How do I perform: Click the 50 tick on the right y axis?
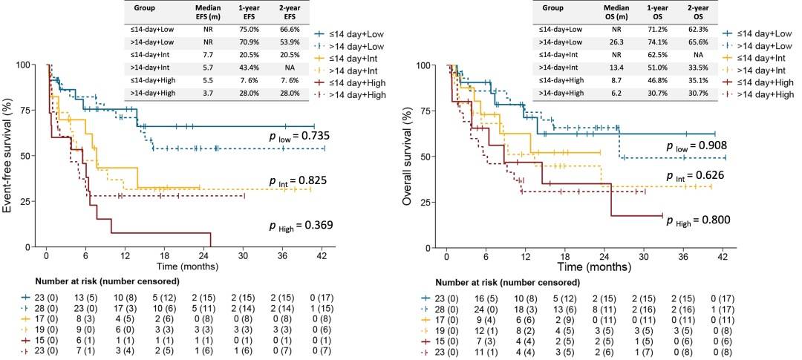tap(430, 156)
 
